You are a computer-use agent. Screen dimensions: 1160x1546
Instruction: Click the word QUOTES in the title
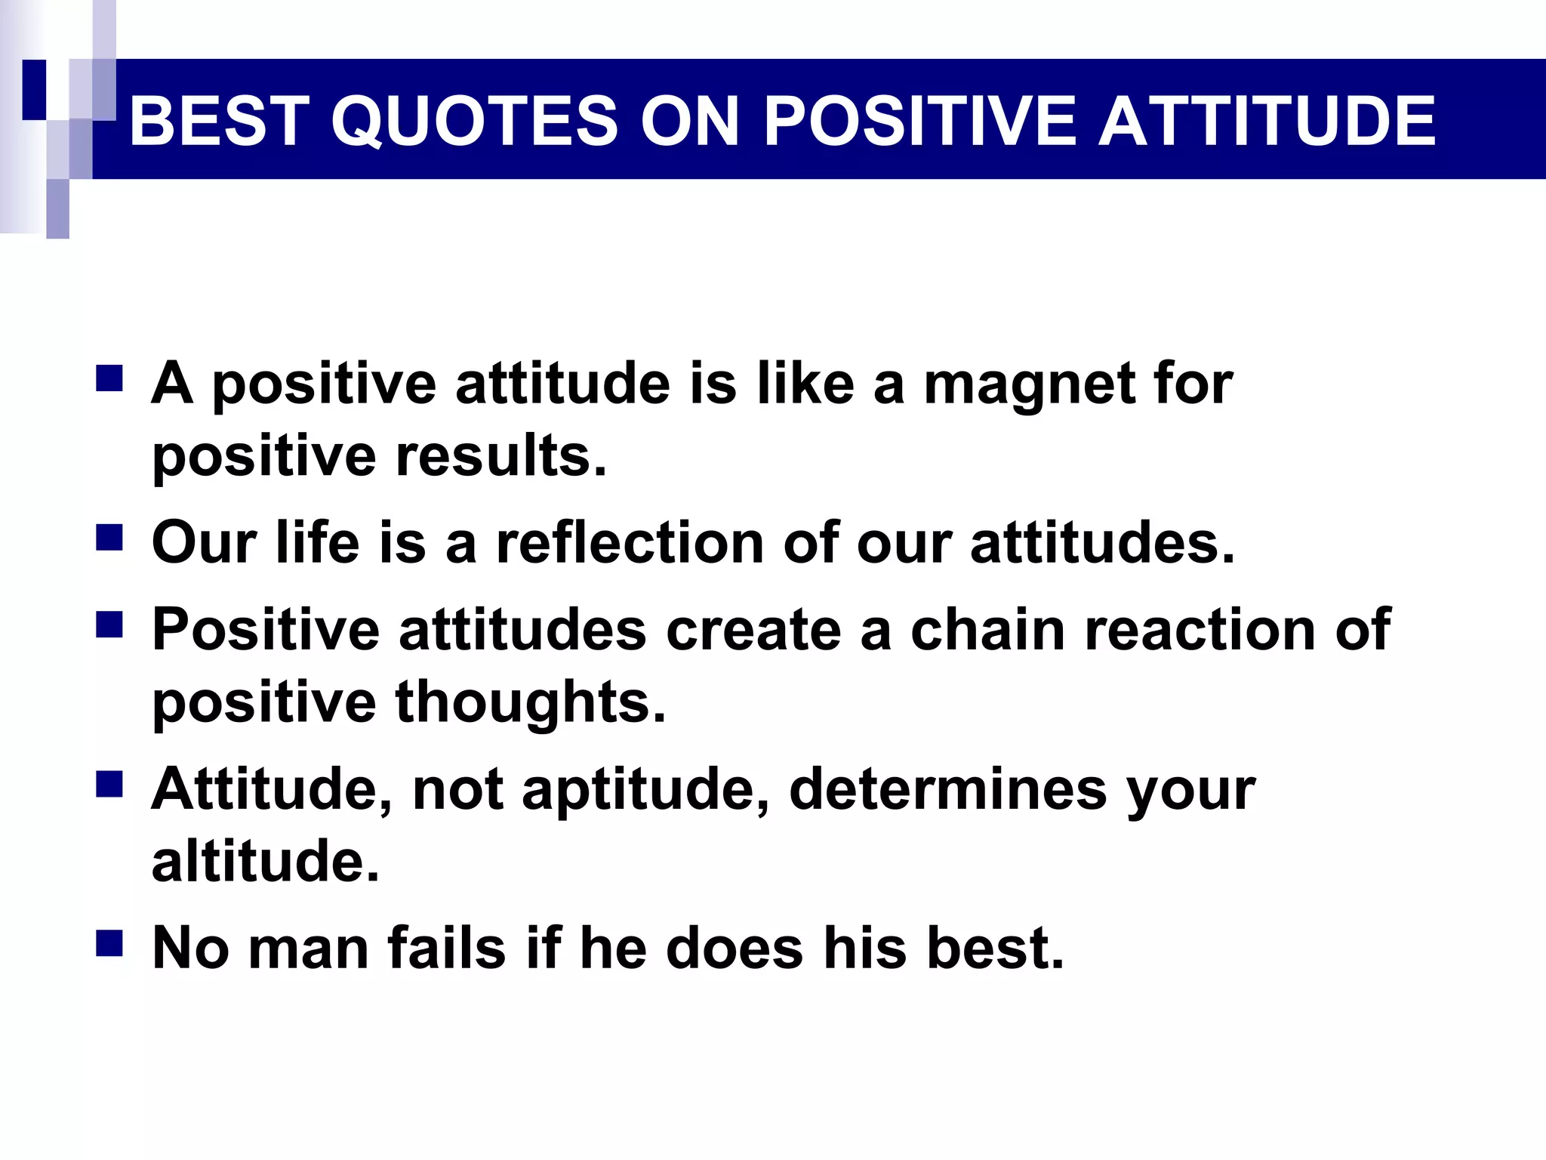pos(475,121)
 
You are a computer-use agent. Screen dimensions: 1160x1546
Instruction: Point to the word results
pos(501,457)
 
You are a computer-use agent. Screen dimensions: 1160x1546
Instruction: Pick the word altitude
pos(265,861)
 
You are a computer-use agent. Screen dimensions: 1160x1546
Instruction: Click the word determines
pos(948,789)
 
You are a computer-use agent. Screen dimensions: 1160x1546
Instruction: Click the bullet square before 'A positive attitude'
pos(109,378)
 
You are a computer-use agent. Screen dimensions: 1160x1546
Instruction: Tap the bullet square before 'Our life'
pos(109,538)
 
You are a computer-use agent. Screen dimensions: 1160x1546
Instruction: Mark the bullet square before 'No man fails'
pos(109,944)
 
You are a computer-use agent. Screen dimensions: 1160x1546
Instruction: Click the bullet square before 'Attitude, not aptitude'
pos(109,785)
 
